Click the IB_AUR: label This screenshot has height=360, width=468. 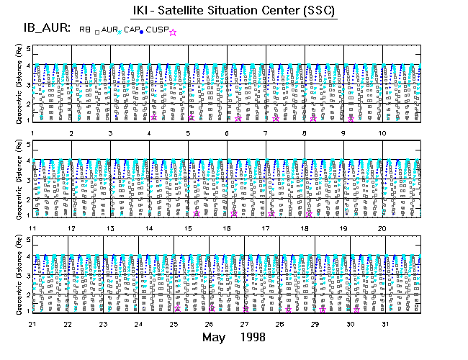click(x=45, y=29)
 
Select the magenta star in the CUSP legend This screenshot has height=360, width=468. click(x=173, y=32)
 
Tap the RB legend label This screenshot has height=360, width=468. click(x=85, y=30)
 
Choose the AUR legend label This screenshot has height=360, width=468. click(x=108, y=30)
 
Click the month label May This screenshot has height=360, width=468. click(x=215, y=337)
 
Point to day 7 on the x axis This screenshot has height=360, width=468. click(x=265, y=133)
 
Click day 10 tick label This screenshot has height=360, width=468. click(x=382, y=133)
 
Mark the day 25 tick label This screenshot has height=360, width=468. click(x=174, y=324)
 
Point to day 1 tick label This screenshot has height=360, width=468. click(x=33, y=133)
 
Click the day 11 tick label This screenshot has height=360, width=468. click(x=33, y=228)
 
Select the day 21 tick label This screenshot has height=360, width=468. click(x=33, y=324)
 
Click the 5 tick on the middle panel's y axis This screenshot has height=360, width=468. click(x=28, y=145)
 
